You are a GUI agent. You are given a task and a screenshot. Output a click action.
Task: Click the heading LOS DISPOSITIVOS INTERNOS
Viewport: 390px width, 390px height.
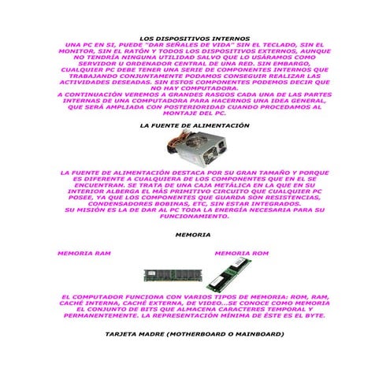pyautogui.click(x=195, y=38)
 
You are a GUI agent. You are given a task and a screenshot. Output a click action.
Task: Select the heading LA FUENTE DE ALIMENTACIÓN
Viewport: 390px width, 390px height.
pyautogui.click(x=194, y=125)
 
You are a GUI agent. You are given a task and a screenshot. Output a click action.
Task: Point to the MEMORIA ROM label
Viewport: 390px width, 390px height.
pyautogui.click(x=242, y=254)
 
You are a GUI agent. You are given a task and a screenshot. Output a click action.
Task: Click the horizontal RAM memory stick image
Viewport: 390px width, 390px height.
pyautogui.click(x=170, y=275)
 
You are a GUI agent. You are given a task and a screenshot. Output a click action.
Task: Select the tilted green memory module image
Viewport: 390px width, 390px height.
pyautogui.click(x=228, y=273)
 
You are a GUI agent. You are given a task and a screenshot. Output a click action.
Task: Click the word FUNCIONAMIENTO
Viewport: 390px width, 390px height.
pyautogui.click(x=195, y=216)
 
